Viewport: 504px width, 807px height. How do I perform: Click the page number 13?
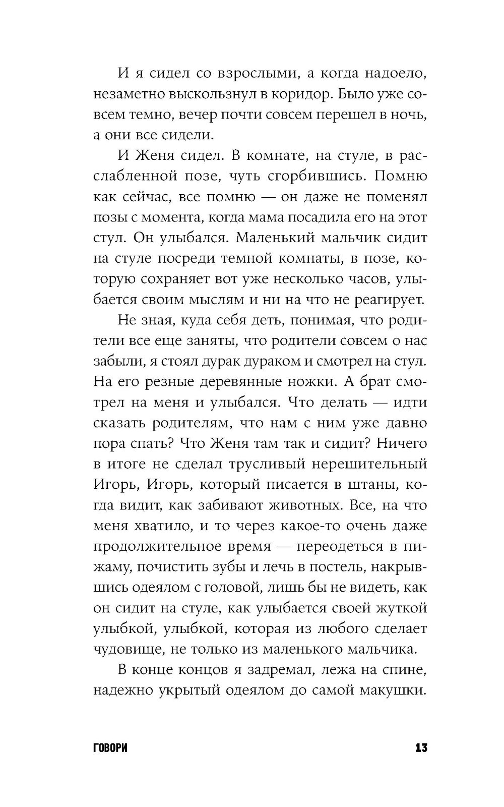coord(421,747)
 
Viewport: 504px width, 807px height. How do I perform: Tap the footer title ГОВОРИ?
coord(110,747)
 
